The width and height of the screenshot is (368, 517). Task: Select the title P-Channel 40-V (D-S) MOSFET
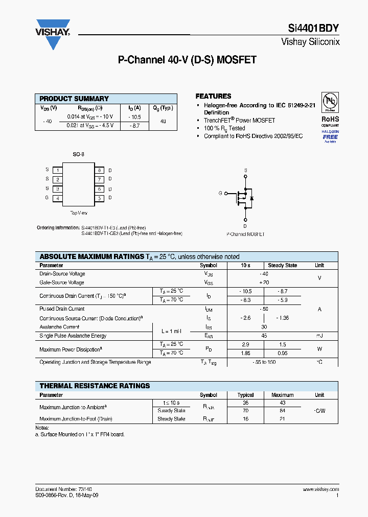(187, 60)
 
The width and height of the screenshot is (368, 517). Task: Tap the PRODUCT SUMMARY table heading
(74, 99)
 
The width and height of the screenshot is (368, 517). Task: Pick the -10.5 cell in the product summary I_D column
(134, 116)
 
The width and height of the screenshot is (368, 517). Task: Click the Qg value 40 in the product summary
(163, 121)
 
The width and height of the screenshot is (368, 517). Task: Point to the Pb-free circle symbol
(330, 102)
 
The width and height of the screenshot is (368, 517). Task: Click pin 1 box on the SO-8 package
(58, 170)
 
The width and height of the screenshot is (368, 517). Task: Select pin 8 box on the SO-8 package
(100, 170)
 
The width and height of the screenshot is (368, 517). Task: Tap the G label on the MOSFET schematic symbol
(220, 193)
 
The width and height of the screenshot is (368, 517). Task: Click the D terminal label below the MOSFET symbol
(245, 226)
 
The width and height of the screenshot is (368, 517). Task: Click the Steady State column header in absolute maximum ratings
(282, 265)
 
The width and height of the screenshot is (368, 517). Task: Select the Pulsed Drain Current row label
(62, 309)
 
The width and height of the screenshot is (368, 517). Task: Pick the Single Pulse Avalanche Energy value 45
(264, 336)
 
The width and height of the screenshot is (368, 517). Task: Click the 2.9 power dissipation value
(245, 345)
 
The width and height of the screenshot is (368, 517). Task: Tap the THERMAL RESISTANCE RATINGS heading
(95, 386)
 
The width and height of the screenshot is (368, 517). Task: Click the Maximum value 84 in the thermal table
(282, 410)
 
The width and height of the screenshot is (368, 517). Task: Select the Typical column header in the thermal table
(245, 395)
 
